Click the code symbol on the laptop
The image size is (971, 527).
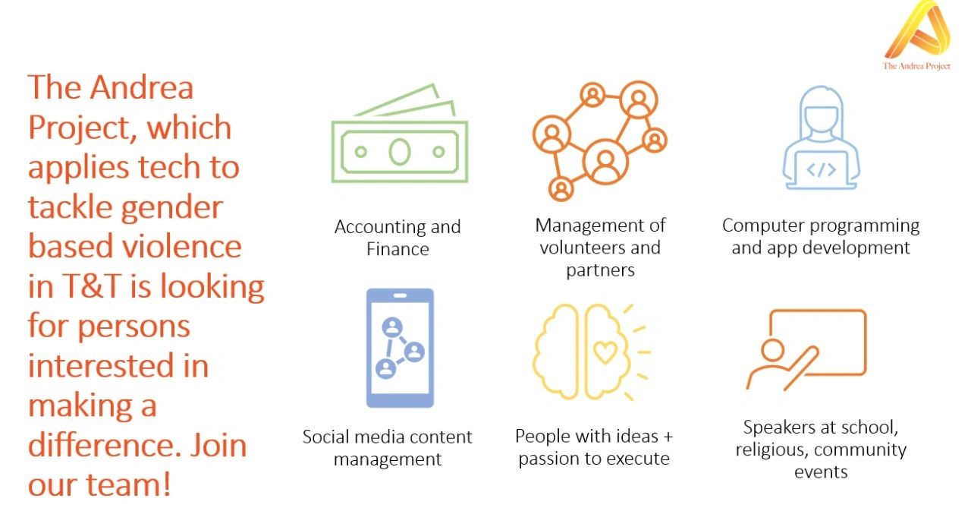[821, 170]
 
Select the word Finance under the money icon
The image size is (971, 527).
[398, 249]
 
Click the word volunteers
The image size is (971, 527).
[582, 248]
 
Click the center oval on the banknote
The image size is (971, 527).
[400, 152]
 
